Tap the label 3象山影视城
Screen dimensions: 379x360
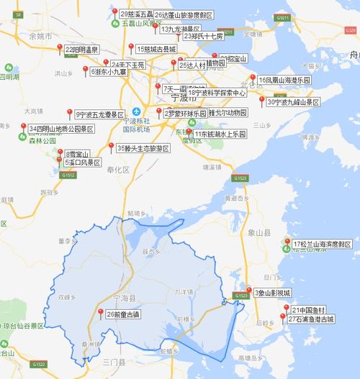click(272, 293)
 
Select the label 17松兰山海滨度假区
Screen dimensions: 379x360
click(322, 245)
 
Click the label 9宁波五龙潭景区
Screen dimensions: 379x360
click(100, 114)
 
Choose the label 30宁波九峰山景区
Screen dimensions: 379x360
click(292, 102)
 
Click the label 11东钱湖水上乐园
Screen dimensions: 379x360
click(219, 134)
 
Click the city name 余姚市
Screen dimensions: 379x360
click(40, 35)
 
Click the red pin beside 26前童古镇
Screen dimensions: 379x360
click(100, 311)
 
